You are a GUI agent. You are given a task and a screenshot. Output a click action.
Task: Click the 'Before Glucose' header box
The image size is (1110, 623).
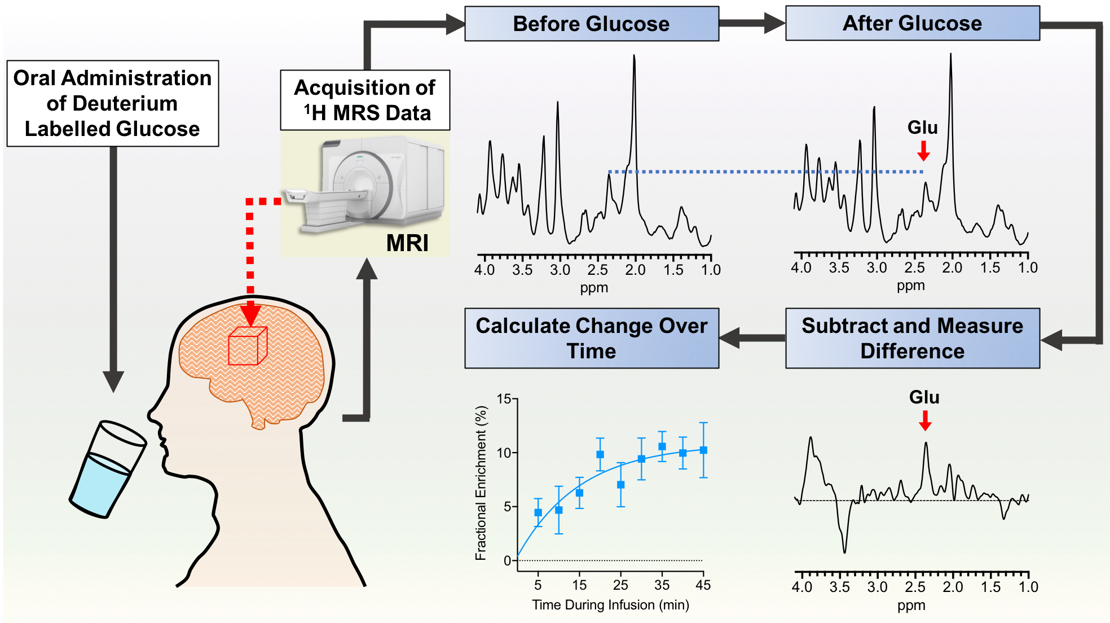pyautogui.click(x=591, y=24)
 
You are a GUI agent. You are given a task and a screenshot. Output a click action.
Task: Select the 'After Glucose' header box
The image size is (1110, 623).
pyautogui.click(x=912, y=24)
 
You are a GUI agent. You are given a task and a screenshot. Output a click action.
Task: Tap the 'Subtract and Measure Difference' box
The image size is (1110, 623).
pyautogui.click(x=912, y=339)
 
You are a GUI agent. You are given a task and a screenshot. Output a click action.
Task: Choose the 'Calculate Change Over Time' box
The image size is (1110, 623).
pyautogui.click(x=591, y=339)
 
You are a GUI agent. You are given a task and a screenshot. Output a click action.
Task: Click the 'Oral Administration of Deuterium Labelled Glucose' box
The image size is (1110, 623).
pyautogui.click(x=112, y=104)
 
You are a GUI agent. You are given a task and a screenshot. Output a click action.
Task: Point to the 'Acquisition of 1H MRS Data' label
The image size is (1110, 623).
pyautogui.click(x=365, y=100)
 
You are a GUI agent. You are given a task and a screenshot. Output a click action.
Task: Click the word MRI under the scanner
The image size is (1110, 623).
pyautogui.click(x=407, y=243)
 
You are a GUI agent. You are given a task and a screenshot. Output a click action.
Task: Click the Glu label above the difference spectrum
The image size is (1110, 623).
pyautogui.click(x=924, y=397)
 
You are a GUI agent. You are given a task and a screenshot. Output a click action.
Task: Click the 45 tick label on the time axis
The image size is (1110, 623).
pyautogui.click(x=703, y=585)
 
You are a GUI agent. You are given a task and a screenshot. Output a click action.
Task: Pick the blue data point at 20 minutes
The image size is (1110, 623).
pyautogui.click(x=600, y=454)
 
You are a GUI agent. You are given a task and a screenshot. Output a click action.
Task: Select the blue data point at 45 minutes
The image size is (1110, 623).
pyautogui.click(x=703, y=450)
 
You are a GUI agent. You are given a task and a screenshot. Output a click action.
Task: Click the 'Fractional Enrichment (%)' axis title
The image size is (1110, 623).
pyautogui.click(x=481, y=483)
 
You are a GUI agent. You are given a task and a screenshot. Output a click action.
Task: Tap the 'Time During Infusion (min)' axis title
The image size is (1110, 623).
pyautogui.click(x=610, y=605)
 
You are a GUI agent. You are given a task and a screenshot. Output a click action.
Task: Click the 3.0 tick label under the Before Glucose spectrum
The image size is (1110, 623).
pyautogui.click(x=560, y=270)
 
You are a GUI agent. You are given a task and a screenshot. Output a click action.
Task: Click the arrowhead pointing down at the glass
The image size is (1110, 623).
pyautogui.click(x=113, y=381)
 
